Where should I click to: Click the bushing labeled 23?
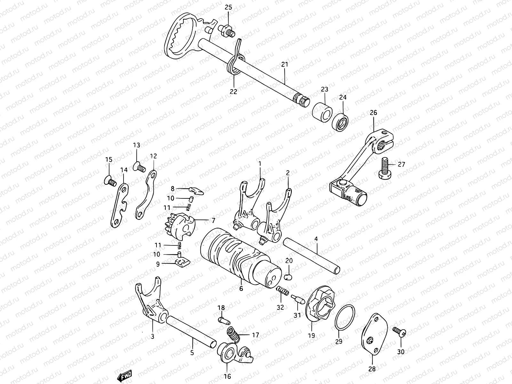pyautogui.click(x=322, y=112)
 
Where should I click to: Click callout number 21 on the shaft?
pyautogui.click(x=284, y=64)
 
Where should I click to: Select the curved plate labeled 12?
pyautogui.click(x=147, y=195)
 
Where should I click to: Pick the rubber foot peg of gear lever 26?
pyautogui.click(x=355, y=196)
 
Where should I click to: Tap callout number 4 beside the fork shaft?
pyautogui.click(x=316, y=239)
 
